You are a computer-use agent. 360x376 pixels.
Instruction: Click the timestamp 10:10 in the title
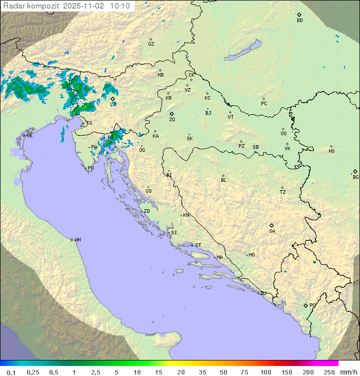(120, 6)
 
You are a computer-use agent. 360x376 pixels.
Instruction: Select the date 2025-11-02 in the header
(84, 6)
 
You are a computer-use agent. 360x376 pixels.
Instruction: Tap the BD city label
(299, 21)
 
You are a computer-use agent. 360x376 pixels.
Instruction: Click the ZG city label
(172, 120)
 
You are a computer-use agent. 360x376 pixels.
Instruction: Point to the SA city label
(272, 231)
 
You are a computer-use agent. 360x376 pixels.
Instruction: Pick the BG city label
(355, 177)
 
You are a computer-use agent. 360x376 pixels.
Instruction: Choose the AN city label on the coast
(77, 240)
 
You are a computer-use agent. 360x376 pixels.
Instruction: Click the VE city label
(29, 136)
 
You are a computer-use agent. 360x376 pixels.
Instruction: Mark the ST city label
(198, 245)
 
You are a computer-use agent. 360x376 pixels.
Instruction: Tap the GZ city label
(151, 44)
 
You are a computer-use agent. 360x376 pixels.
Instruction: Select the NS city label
(331, 151)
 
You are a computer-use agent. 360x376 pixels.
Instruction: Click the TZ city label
(283, 192)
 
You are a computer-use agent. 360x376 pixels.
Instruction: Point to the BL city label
(223, 180)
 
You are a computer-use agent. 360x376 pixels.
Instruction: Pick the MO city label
(251, 255)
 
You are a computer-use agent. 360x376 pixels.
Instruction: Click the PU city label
(90, 168)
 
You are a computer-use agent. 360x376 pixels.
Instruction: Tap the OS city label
(283, 134)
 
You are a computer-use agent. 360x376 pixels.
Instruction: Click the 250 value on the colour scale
(328, 372)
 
